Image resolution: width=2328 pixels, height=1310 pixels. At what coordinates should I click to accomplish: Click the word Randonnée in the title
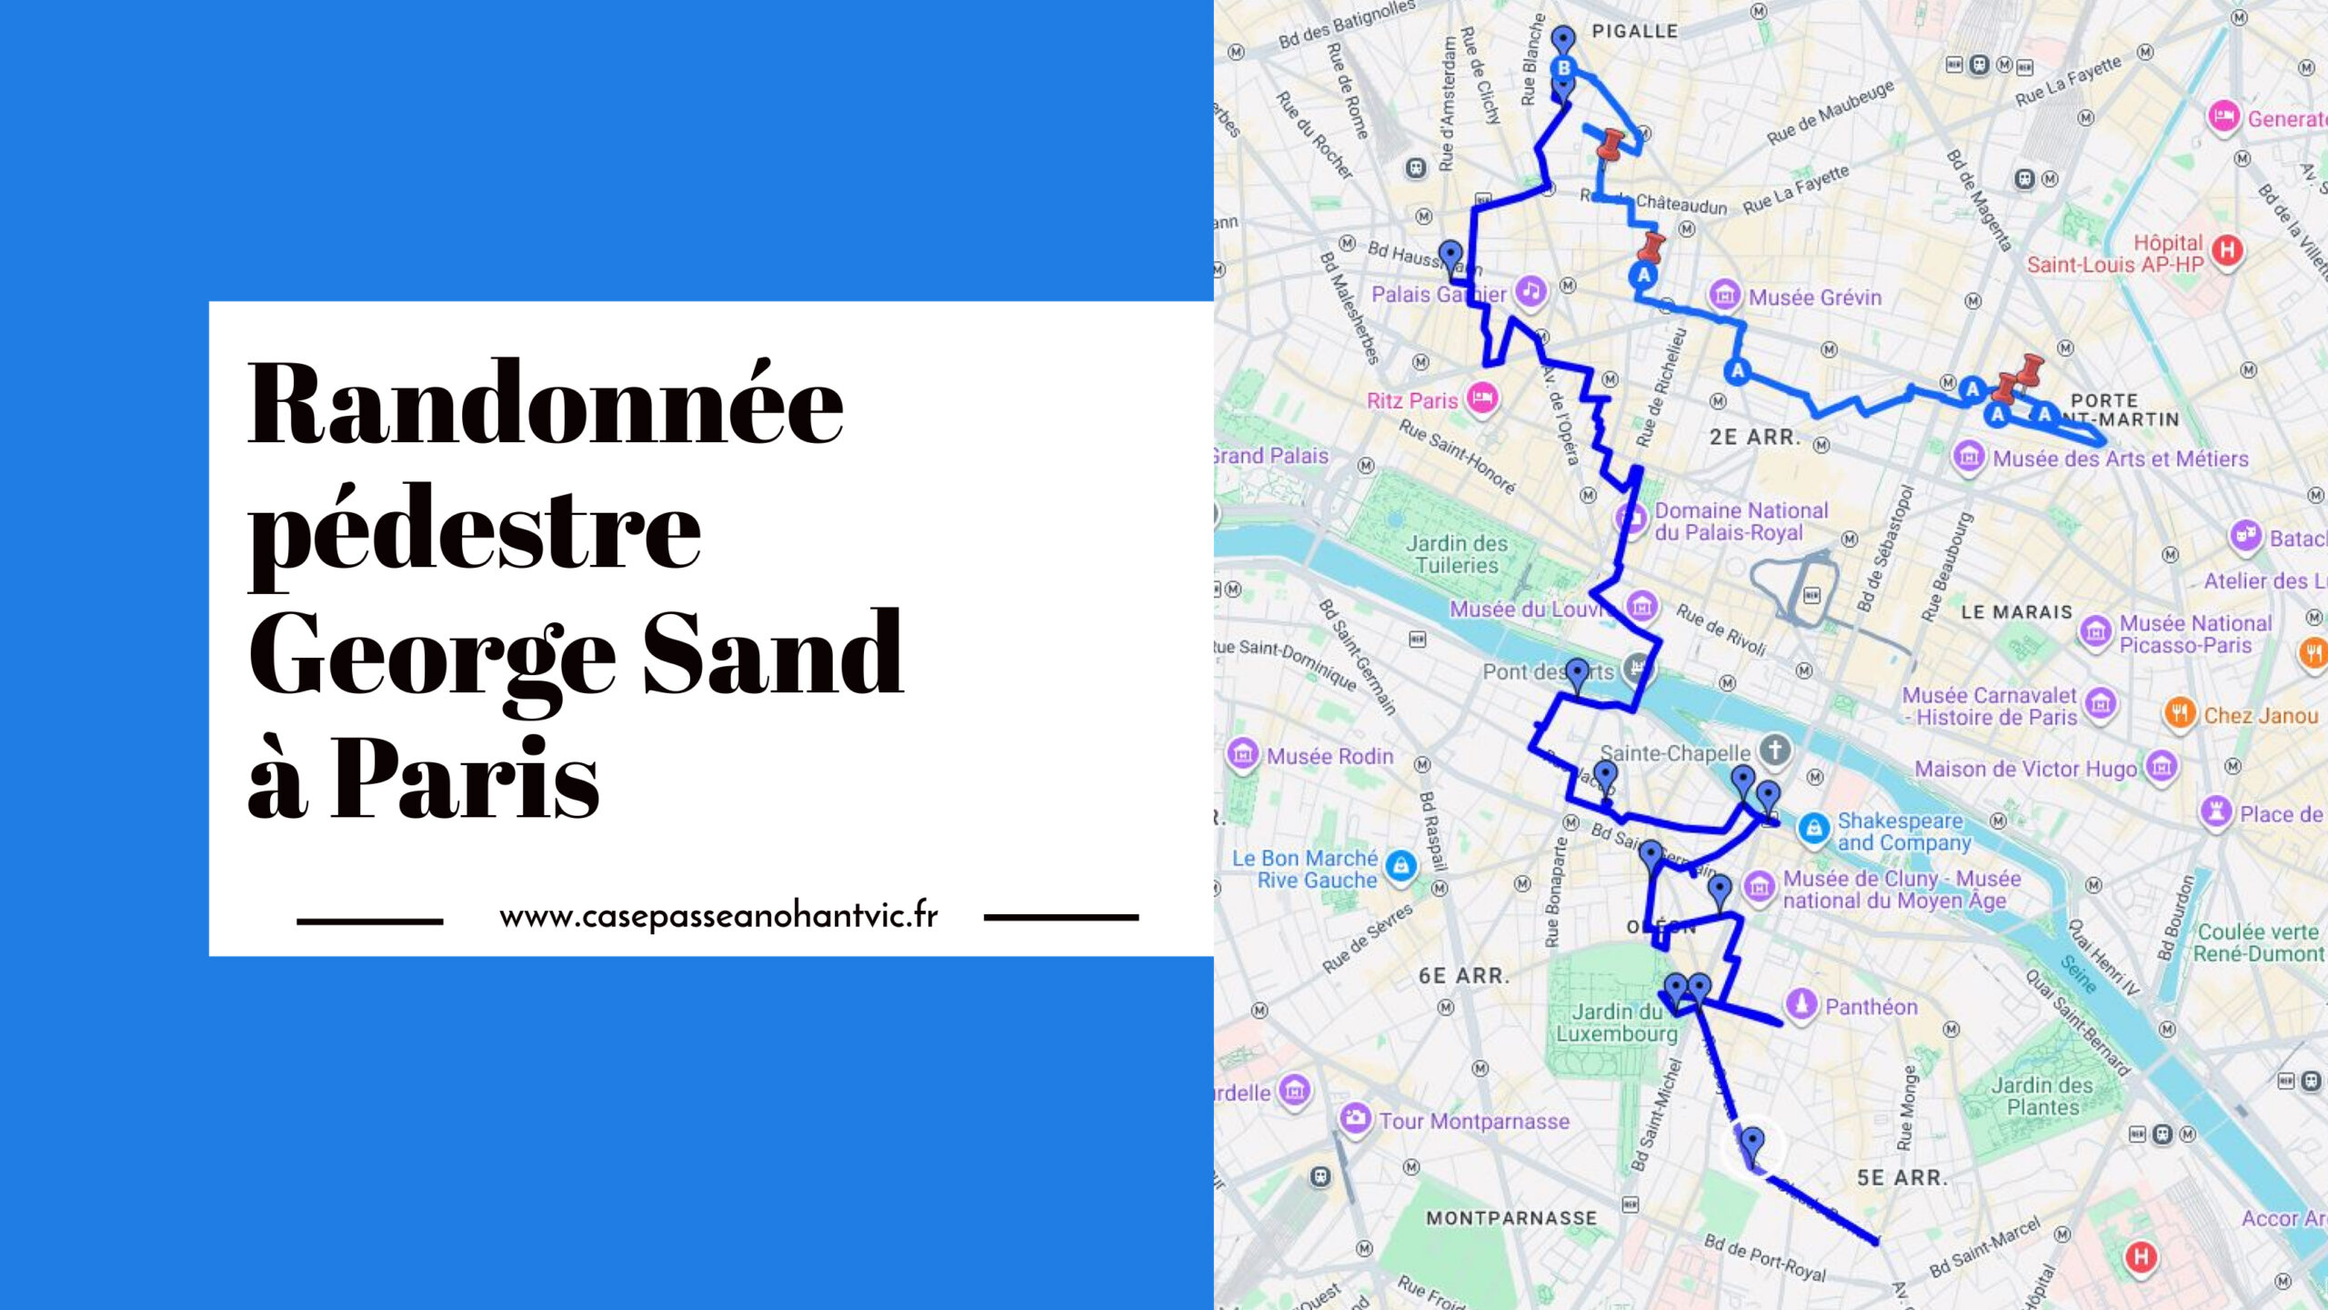click(x=546, y=405)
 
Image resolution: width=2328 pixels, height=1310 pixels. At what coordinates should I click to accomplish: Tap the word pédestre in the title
click(x=474, y=532)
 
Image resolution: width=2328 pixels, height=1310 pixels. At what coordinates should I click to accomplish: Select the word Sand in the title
click(x=773, y=653)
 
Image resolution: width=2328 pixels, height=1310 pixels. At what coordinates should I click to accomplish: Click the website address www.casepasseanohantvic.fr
click(x=718, y=915)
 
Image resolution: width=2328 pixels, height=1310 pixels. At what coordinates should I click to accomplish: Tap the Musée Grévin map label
click(x=1814, y=297)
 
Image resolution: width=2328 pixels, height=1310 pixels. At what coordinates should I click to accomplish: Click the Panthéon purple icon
click(x=1801, y=1004)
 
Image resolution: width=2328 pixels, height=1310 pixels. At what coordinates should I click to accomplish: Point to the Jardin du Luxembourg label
click(x=1617, y=1023)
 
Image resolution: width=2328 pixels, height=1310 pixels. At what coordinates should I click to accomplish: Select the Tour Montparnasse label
click(x=1473, y=1121)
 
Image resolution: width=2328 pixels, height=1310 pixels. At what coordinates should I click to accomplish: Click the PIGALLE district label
click(x=1634, y=31)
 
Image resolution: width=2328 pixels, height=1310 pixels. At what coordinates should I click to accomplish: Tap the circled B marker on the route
click(x=1563, y=67)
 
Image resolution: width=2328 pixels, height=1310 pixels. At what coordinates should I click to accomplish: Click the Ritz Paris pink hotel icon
click(x=1482, y=398)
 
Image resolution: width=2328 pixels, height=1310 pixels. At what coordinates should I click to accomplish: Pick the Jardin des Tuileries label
click(x=1457, y=554)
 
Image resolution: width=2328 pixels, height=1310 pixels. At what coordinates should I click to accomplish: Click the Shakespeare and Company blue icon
click(x=1813, y=829)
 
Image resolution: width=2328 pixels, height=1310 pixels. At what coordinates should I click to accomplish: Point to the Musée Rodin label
click(x=1330, y=756)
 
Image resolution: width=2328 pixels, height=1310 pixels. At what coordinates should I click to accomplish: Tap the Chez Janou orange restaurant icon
click(x=2179, y=713)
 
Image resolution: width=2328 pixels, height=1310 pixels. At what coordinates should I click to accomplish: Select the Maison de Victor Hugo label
click(x=2025, y=769)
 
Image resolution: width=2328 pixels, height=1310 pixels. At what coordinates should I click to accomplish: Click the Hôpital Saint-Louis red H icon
click(x=2227, y=249)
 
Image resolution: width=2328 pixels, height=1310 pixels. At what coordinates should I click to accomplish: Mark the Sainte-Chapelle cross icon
click(x=1774, y=751)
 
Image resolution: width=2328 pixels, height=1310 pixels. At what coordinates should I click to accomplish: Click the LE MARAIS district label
click(x=2016, y=612)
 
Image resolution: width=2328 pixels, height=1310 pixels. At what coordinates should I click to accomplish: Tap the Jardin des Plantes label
click(x=2042, y=1095)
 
